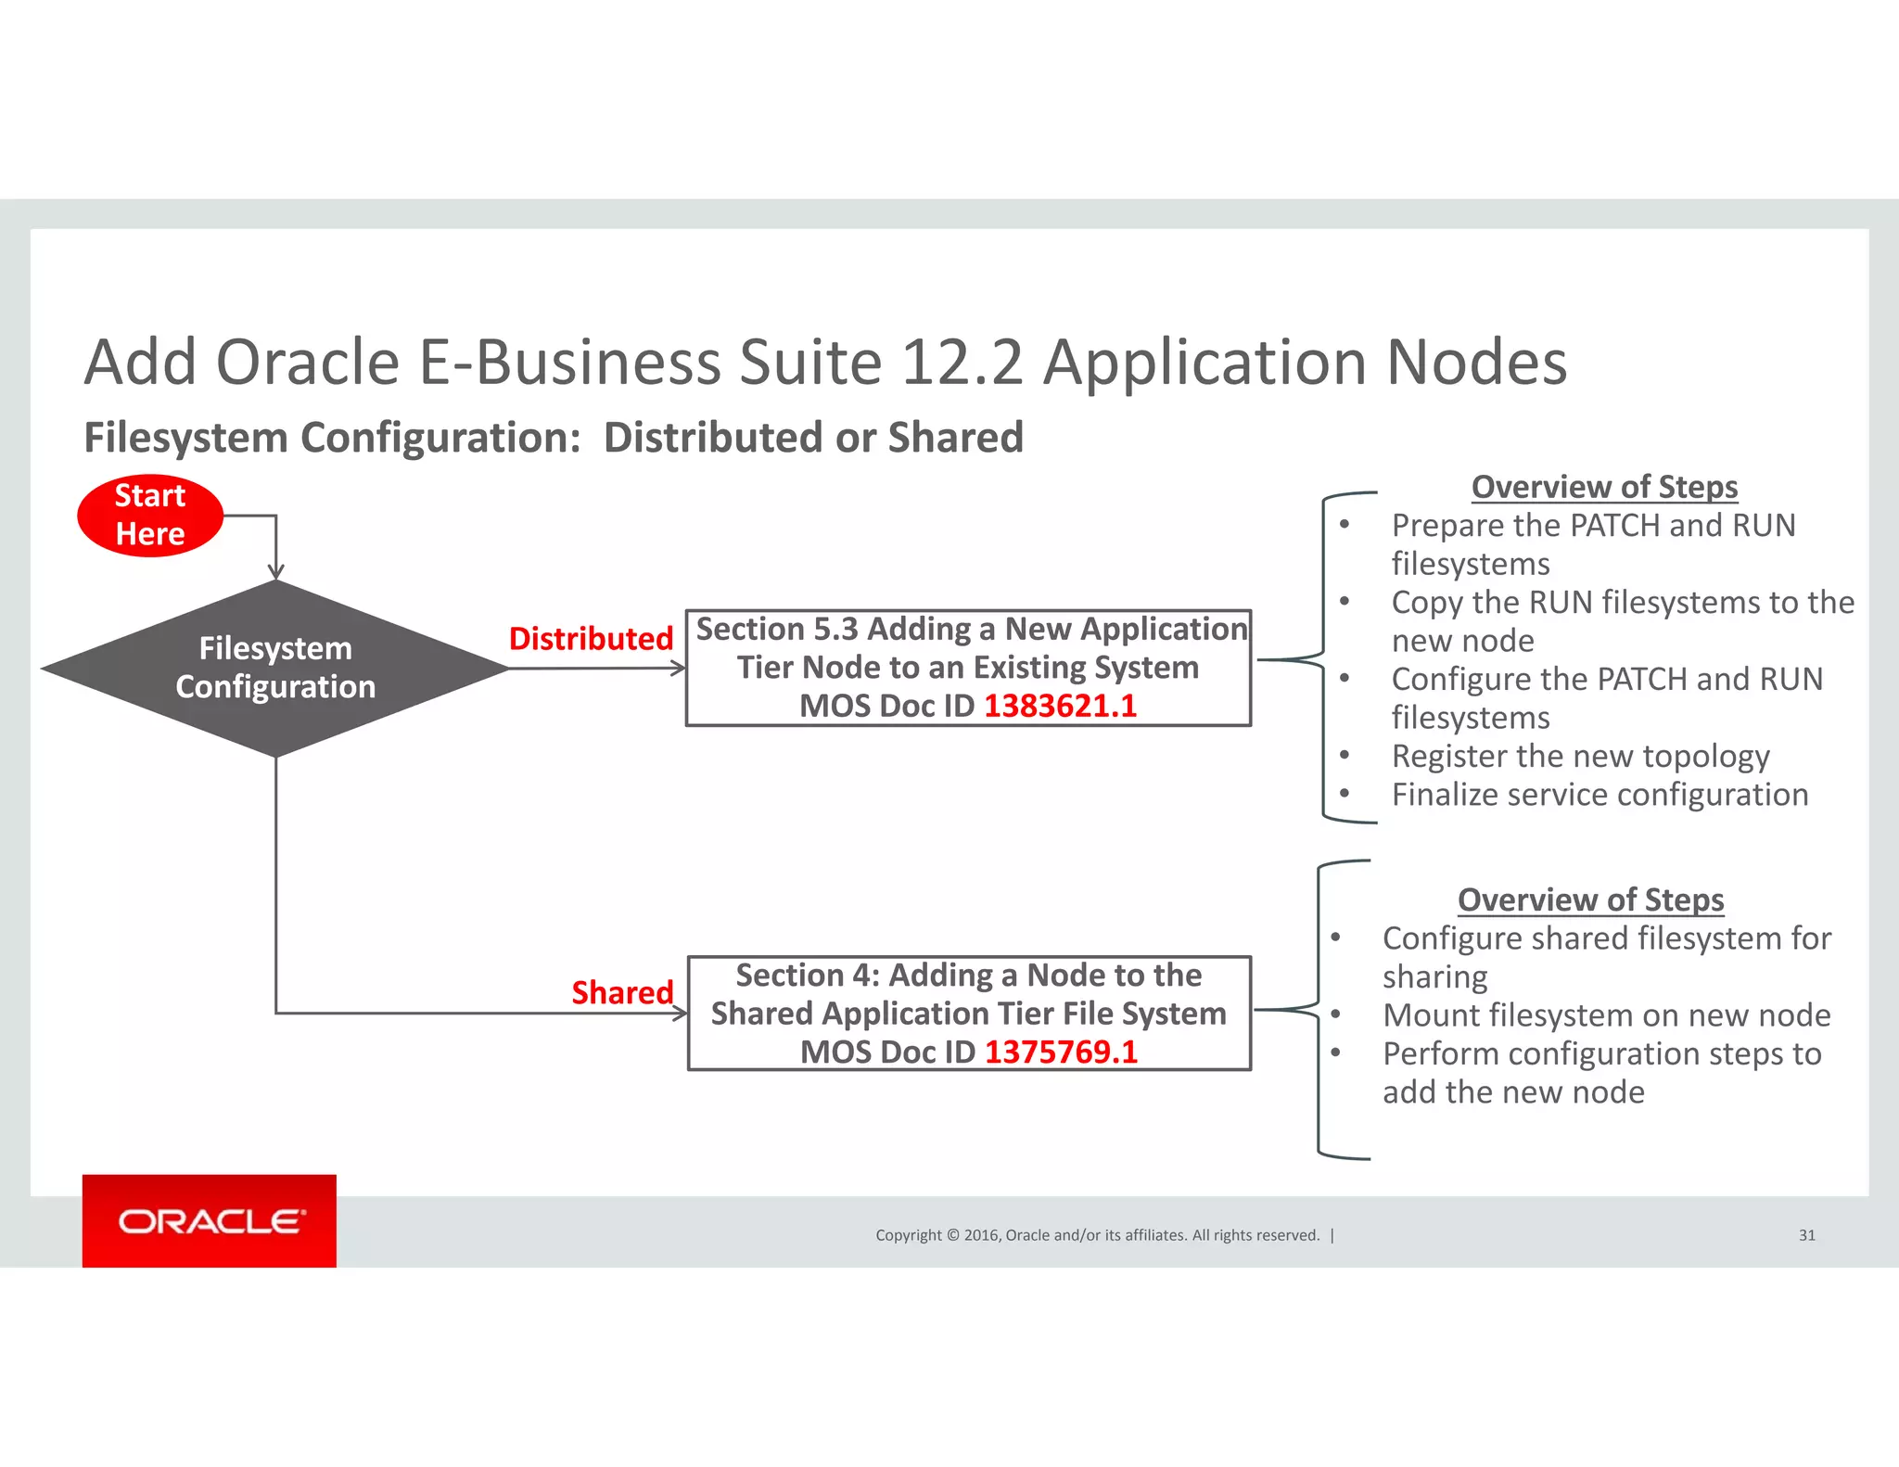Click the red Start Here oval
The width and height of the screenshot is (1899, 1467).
tap(150, 516)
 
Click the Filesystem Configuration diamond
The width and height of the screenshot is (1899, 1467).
tap(275, 668)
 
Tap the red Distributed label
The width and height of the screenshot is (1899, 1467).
tap(591, 639)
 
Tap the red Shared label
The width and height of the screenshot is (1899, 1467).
tap(622, 993)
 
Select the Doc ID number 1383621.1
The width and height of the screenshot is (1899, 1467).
tap(1060, 707)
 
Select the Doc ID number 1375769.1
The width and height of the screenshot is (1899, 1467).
tap(1061, 1052)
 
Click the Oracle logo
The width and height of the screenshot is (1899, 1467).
tap(210, 1221)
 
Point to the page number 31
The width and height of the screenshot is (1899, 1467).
tap(1806, 1235)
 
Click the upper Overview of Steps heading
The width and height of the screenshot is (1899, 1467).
tap(1604, 488)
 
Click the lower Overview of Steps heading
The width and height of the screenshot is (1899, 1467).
tap(1590, 900)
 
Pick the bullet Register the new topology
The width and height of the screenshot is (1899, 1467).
tap(1580, 757)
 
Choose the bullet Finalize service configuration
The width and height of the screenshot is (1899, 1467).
tap(1599, 796)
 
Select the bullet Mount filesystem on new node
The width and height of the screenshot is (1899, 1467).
tap(1606, 1015)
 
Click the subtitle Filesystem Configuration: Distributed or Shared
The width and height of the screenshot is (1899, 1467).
tap(554, 438)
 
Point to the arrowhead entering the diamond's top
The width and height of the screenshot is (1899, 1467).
tap(275, 572)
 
